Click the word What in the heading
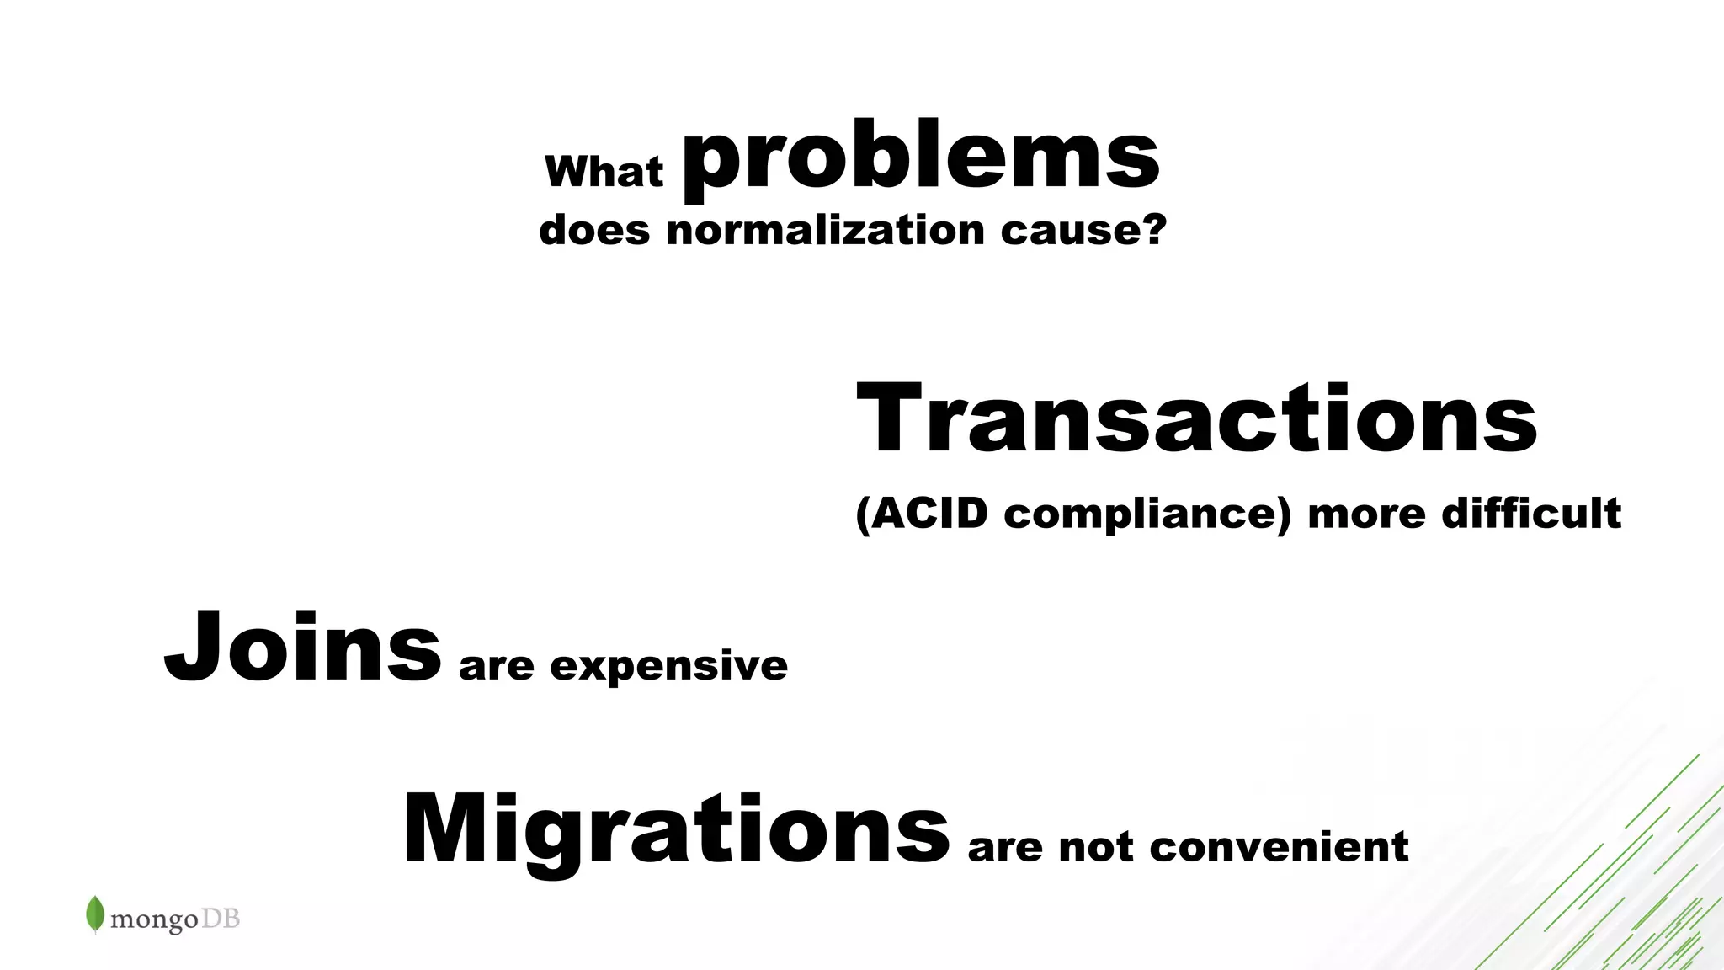604,172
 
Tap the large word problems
921,157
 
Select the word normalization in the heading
825,230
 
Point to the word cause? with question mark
1083,230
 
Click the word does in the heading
594,230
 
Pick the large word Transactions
1196,418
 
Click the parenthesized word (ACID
922,514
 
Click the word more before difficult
1365,514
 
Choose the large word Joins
302,648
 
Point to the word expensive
668,667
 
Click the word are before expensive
496,667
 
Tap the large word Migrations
676,831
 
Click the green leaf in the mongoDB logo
95,914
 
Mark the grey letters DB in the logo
221,918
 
